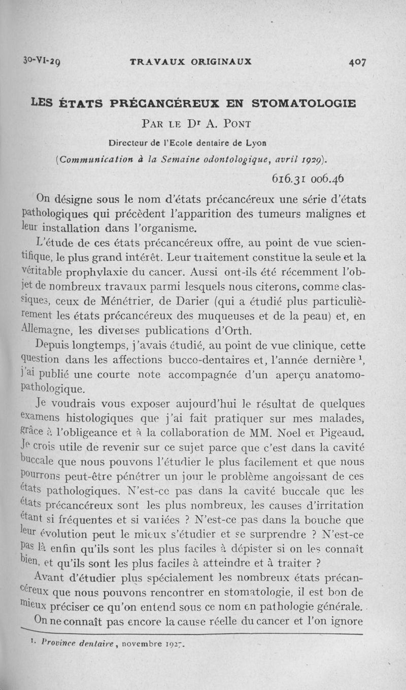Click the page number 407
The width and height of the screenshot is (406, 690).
pos(358,62)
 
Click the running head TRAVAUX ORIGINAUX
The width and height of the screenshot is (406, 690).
pos(191,62)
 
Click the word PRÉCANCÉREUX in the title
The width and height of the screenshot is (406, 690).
pos(160,103)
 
